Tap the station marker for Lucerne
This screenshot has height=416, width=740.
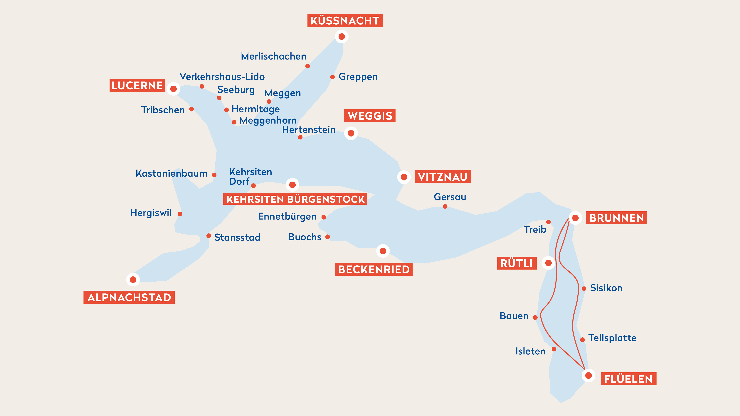pyautogui.click(x=173, y=89)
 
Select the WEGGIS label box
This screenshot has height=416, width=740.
pyautogui.click(x=369, y=116)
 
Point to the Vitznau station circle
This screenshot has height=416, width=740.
pyautogui.click(x=404, y=177)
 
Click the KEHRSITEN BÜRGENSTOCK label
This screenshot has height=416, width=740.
pyautogui.click(x=295, y=199)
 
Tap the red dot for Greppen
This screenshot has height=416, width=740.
pyautogui.click(x=332, y=77)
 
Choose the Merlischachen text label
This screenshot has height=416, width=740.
pyautogui.click(x=273, y=56)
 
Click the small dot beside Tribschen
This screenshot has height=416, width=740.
pyautogui.click(x=191, y=109)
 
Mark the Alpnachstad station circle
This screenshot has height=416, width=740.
pyautogui.click(x=133, y=279)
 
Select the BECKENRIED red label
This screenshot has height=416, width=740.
pyautogui.click(x=374, y=269)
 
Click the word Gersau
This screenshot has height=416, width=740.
pyautogui.click(x=450, y=197)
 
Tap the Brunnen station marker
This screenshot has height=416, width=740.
pyautogui.click(x=575, y=218)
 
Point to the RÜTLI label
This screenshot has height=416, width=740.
pyautogui.click(x=517, y=263)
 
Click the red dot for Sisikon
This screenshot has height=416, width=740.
pyautogui.click(x=584, y=289)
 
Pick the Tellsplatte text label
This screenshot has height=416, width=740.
pyautogui.click(x=612, y=338)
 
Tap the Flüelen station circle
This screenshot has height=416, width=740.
pyautogui.click(x=588, y=375)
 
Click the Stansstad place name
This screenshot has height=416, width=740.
pyautogui.click(x=237, y=237)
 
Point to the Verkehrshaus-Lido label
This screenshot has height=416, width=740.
pyautogui.click(x=222, y=77)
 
